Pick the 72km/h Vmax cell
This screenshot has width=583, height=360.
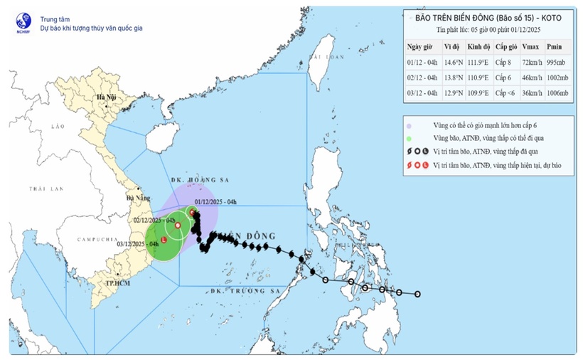tap(529, 63)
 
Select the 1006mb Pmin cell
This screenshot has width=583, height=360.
tap(558, 93)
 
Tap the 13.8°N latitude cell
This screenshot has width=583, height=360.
tap(454, 78)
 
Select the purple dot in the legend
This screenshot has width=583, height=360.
tap(410, 123)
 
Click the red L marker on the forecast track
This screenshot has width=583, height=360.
tap(164, 240)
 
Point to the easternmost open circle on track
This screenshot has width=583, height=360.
tap(417, 294)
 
